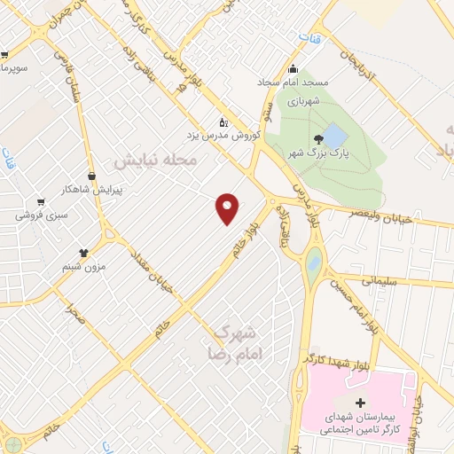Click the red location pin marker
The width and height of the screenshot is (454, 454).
[x=228, y=207]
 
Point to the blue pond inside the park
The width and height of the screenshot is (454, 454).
[x=334, y=136]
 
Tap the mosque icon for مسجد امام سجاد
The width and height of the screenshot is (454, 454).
[x=294, y=71]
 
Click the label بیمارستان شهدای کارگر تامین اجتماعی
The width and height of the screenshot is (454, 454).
[x=358, y=422]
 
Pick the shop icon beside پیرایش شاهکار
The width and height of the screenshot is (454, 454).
[x=91, y=176]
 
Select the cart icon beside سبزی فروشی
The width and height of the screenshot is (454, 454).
[x=39, y=200]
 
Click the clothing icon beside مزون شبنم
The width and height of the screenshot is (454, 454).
[x=84, y=229]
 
